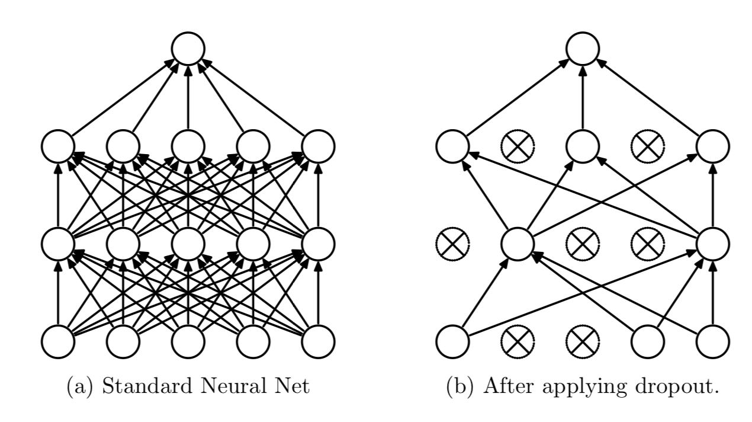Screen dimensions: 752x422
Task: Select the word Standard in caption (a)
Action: pyautogui.click(x=147, y=386)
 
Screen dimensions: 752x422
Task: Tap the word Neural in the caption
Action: pyautogui.click(x=232, y=386)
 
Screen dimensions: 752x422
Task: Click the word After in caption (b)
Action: pyautogui.click(x=509, y=386)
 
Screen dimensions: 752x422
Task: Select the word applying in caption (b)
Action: pyautogui.click(x=584, y=388)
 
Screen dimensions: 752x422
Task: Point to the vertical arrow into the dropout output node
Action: pyautogui.click(x=583, y=97)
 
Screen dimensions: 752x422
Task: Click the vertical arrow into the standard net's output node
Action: pyautogui.click(x=188, y=97)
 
